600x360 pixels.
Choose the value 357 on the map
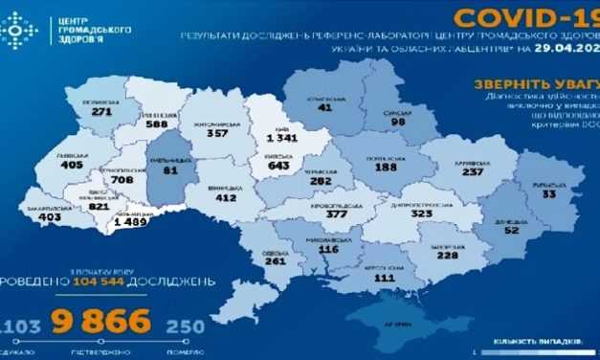pos(219,134)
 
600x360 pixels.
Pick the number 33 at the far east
pos(547,194)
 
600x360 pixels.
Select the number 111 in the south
pos(386,278)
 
